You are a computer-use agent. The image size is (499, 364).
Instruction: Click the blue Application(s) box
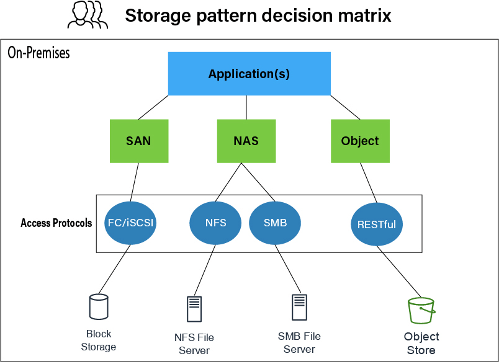click(249, 74)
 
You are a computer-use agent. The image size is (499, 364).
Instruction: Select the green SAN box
click(138, 141)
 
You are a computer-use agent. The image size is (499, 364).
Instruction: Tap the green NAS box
click(246, 141)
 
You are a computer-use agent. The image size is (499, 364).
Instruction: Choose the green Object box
click(360, 141)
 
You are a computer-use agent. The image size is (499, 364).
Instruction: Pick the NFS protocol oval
click(216, 223)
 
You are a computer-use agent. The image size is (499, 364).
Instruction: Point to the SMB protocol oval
click(275, 223)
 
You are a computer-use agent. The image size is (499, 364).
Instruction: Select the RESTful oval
click(377, 224)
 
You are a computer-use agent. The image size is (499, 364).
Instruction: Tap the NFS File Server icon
click(194, 309)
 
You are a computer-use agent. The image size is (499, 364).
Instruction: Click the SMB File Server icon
click(300, 307)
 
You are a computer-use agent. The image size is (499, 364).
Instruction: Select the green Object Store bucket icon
click(421, 310)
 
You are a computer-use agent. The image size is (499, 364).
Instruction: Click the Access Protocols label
click(56, 223)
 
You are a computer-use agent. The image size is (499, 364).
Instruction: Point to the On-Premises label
click(38, 53)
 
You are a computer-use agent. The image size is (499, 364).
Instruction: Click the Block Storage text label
click(99, 340)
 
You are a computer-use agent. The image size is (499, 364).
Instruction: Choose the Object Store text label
click(421, 344)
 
